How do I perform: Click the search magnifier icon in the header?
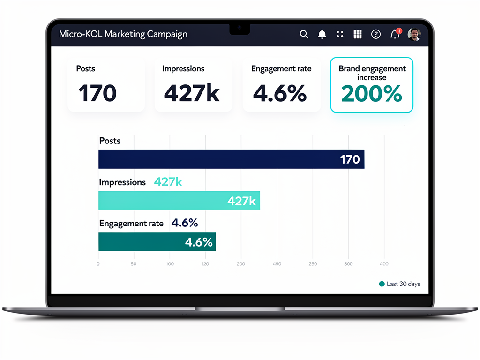(x=304, y=34)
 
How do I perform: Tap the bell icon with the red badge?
(x=395, y=34)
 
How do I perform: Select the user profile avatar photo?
(x=414, y=34)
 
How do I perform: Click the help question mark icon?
(x=375, y=34)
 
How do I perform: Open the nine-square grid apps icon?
(x=358, y=34)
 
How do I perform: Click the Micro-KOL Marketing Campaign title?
(x=123, y=34)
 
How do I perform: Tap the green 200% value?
(x=371, y=93)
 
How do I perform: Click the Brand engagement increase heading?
(x=372, y=73)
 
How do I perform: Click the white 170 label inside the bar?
(x=350, y=159)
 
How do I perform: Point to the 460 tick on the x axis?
(x=277, y=264)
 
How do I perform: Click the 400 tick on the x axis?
(x=384, y=264)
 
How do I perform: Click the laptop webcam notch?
(x=240, y=28)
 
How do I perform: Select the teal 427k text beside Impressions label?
(x=168, y=182)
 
